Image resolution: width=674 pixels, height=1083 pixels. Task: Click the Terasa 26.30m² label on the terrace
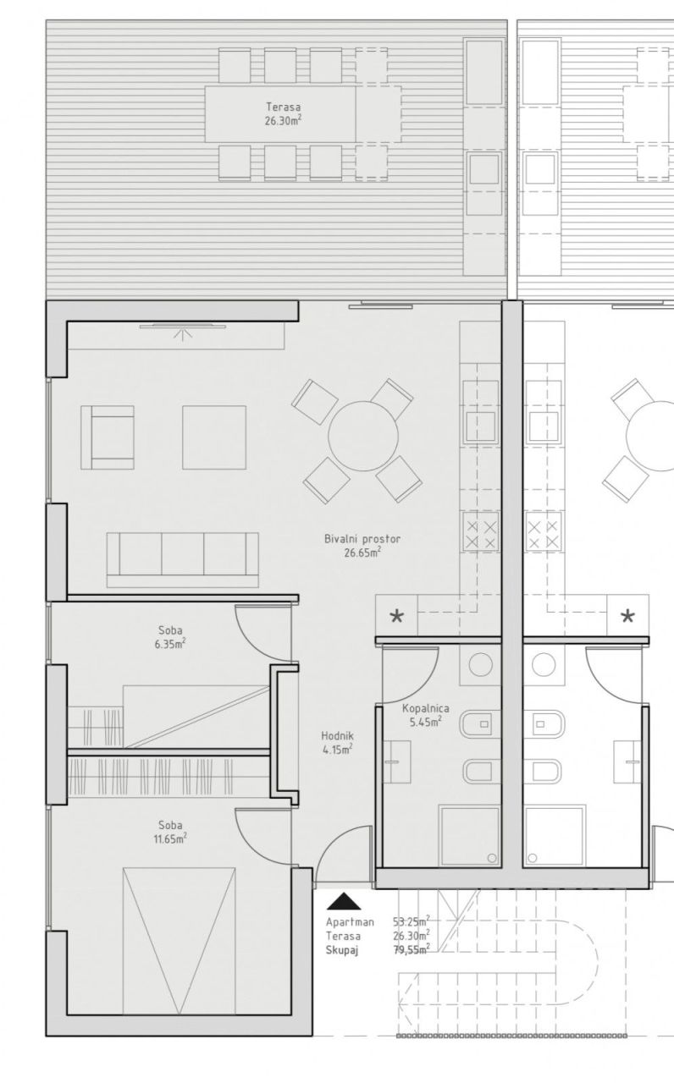[283, 113]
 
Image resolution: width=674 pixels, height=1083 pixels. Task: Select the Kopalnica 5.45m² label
[425, 717]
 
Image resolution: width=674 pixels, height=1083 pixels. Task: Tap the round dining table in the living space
[363, 437]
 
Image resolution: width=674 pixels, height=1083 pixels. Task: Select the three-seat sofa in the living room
[182, 559]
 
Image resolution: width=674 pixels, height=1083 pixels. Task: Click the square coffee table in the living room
[213, 437]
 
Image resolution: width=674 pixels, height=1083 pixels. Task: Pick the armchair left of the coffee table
[108, 437]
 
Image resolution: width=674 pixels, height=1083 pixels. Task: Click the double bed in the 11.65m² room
[178, 939]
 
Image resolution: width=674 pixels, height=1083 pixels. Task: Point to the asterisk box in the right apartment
[627, 616]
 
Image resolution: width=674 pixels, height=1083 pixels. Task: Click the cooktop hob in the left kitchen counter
[479, 535]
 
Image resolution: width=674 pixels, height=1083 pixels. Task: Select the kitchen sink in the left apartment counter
[479, 423]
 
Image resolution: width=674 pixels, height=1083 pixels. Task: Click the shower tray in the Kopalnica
[470, 836]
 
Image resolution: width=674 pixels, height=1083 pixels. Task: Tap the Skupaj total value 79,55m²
[411, 949]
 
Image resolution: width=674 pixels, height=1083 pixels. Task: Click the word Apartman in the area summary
[350, 921]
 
